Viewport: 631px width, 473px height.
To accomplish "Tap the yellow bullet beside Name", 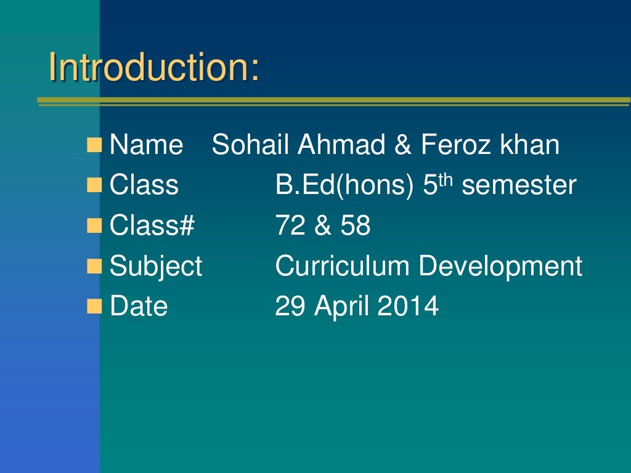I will [x=94, y=146].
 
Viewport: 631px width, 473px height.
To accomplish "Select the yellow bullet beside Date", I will [x=94, y=305].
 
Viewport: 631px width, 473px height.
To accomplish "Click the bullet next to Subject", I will [x=94, y=266].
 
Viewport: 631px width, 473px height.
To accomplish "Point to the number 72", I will [x=290, y=226].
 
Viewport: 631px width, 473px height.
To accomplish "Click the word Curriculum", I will [x=342, y=266].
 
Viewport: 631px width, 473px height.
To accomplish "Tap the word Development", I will [x=500, y=266].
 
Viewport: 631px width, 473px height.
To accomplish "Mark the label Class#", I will [x=152, y=226].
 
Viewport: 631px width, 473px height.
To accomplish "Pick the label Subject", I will [x=155, y=266].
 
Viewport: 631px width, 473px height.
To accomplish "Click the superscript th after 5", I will [x=446, y=180].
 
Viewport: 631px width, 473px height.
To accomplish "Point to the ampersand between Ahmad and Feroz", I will [x=403, y=145].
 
